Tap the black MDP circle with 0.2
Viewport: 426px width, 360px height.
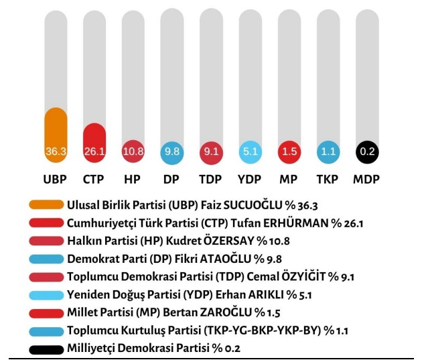(x=367, y=152)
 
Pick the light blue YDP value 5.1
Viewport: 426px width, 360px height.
(x=251, y=152)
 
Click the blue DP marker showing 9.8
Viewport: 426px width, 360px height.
(x=172, y=152)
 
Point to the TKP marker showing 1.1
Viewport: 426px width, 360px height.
(x=328, y=152)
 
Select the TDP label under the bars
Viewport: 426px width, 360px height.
(x=211, y=180)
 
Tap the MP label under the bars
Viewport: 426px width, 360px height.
(x=289, y=180)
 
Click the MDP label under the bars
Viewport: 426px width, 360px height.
(x=367, y=180)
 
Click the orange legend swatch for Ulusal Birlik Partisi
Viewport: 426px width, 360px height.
(x=46, y=204)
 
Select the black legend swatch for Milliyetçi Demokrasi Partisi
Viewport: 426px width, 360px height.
(x=46, y=349)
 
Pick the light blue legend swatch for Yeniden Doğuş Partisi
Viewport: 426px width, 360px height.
(x=46, y=294)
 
